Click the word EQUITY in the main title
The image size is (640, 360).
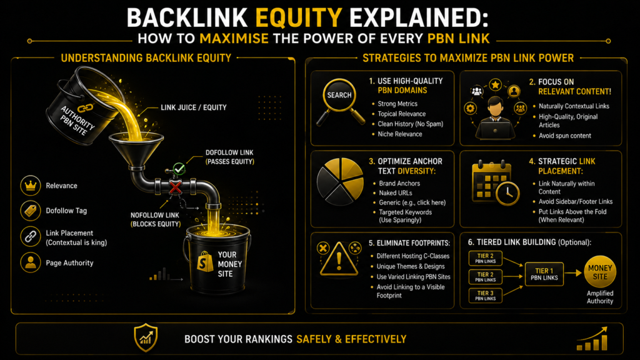[299, 18]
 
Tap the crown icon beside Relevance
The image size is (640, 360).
[31, 185]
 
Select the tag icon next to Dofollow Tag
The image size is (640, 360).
[31, 211]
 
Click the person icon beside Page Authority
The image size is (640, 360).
[31, 262]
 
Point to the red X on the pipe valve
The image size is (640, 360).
[176, 187]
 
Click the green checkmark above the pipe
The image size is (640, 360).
[179, 168]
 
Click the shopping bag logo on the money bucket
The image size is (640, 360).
[205, 261]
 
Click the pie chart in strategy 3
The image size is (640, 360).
[341, 181]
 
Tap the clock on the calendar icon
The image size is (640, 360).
[507, 192]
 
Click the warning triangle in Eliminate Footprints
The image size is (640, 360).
[339, 259]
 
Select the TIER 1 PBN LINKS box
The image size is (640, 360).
[544, 274]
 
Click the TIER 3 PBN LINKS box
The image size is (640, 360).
[485, 296]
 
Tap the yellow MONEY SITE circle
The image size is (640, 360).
[600, 272]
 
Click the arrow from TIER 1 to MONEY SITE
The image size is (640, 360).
[573, 273]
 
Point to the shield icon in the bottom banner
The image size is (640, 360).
[146, 338]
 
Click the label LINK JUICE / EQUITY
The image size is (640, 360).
[194, 107]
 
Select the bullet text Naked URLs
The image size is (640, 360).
[396, 192]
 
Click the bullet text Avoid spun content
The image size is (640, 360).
[565, 136]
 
